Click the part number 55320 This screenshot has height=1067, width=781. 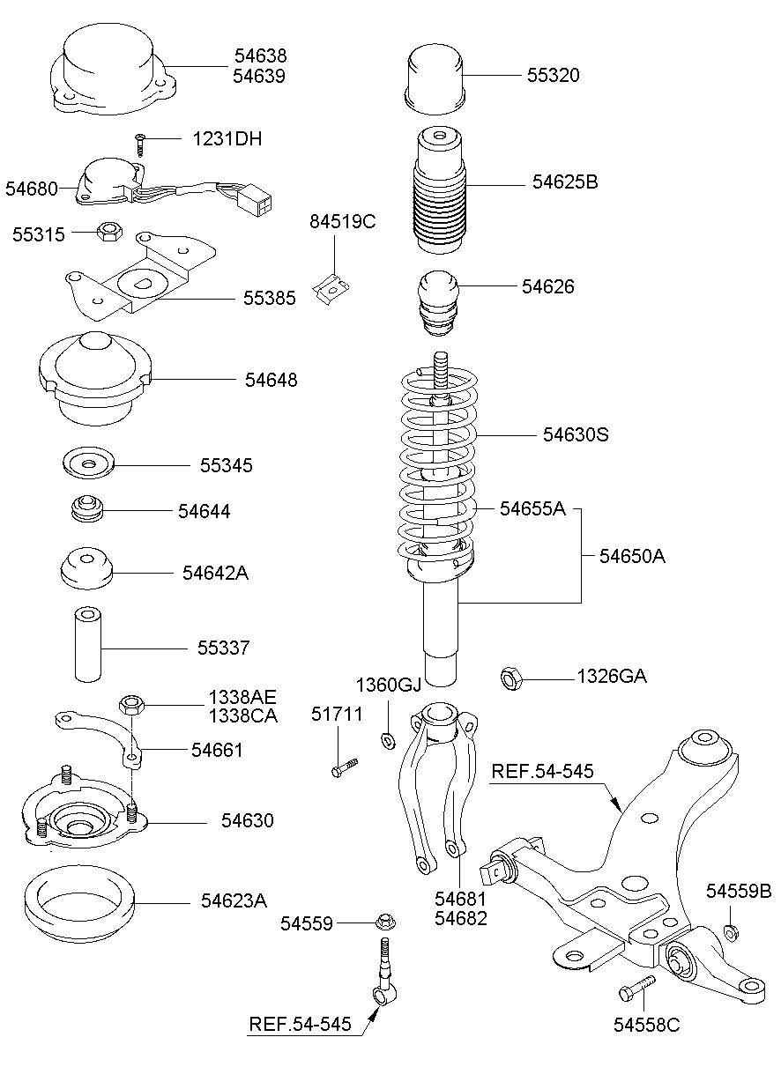553,76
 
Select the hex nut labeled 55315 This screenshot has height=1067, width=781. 108,232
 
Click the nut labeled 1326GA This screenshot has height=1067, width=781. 512,678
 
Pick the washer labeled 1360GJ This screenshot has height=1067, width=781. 388,738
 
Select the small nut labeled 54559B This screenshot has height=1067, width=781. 731,931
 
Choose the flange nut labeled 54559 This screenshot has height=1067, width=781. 383,923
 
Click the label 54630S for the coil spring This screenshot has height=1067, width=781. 576,434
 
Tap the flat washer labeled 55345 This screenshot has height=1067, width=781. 90,463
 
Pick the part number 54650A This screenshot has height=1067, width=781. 632,556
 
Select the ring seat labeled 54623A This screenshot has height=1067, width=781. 79,903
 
